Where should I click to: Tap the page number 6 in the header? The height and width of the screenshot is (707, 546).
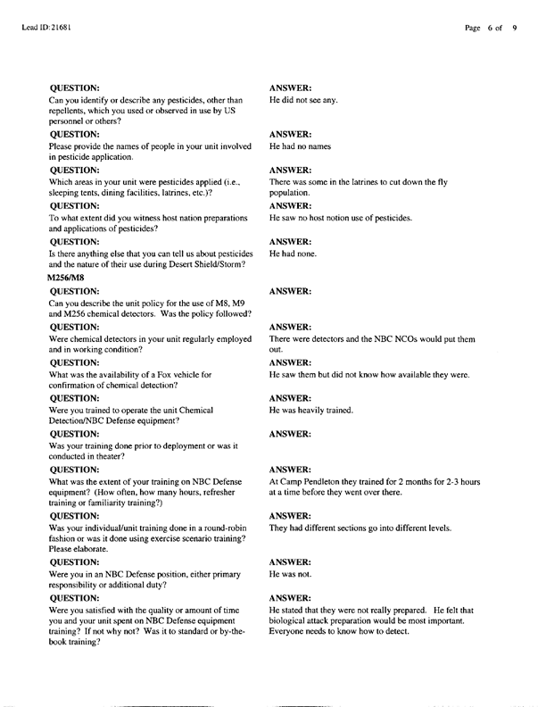tap(491, 29)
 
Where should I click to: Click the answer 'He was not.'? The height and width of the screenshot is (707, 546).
tap(293, 575)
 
